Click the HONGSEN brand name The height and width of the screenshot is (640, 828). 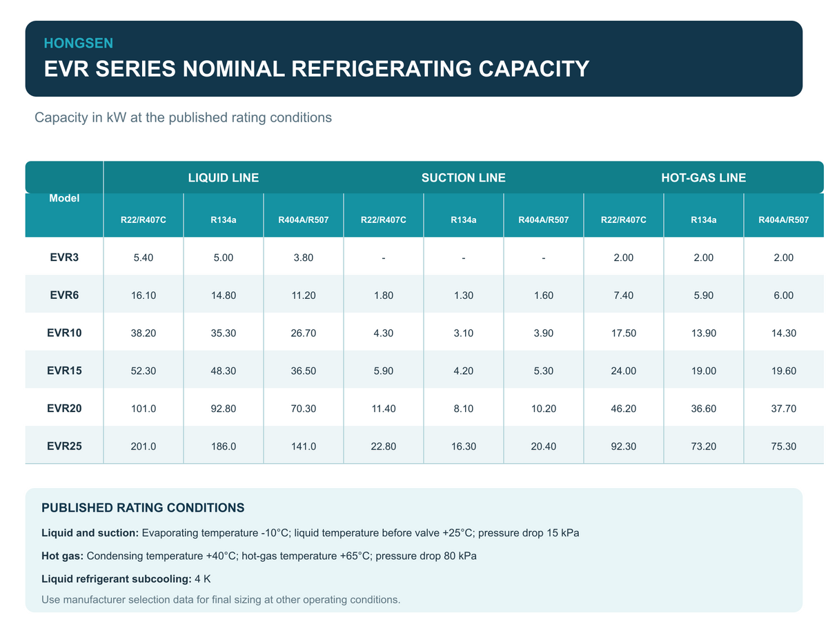click(x=78, y=43)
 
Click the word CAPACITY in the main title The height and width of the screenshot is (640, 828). click(x=533, y=69)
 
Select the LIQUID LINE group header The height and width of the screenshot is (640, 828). click(x=224, y=177)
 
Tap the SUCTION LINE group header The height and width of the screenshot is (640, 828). click(x=464, y=177)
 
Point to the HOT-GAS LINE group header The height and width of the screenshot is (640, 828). click(x=703, y=177)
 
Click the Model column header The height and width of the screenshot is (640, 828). click(x=64, y=198)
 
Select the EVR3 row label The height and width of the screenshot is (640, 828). click(x=64, y=258)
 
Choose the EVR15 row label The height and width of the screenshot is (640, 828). click(x=64, y=371)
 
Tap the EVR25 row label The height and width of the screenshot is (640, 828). click(x=64, y=446)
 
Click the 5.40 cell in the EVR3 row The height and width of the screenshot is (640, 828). click(x=144, y=258)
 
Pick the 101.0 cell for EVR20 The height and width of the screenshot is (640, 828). click(x=144, y=409)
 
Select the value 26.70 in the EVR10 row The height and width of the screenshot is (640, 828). click(x=304, y=333)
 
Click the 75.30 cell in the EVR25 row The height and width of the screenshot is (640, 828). click(x=783, y=447)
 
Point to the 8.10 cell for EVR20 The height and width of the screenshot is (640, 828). click(x=464, y=409)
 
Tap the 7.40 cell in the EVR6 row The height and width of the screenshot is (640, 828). click(x=623, y=295)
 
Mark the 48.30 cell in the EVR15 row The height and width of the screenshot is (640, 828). click(x=224, y=371)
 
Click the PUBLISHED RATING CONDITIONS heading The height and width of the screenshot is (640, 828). click(x=143, y=507)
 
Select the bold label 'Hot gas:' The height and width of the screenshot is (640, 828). click(x=63, y=556)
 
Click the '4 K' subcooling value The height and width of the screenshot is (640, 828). click(x=202, y=579)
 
